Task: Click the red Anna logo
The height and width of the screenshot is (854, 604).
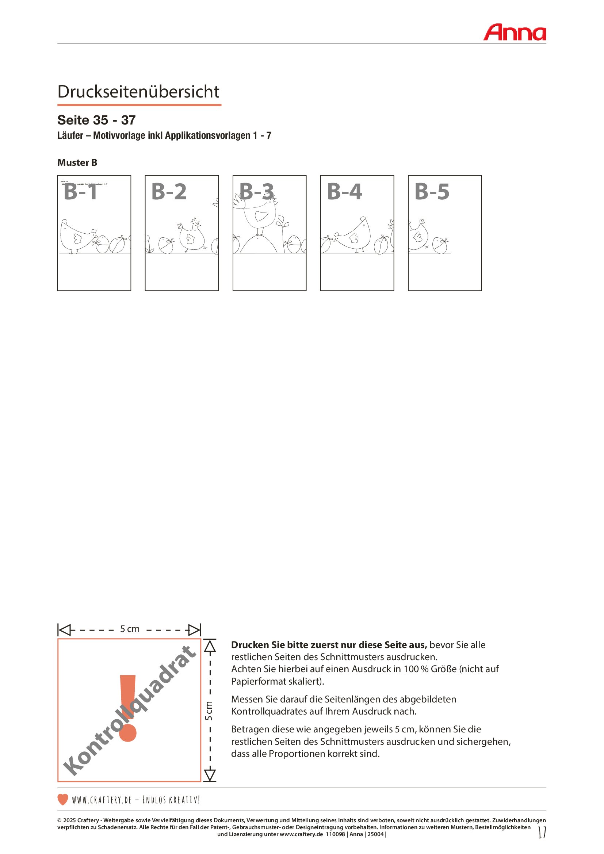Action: coord(515,32)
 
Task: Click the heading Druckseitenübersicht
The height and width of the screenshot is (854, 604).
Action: coord(138,92)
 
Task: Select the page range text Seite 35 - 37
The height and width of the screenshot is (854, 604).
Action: coord(96,120)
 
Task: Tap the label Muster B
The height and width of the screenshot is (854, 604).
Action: coord(77,162)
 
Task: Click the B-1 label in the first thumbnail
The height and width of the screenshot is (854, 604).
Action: coord(80,192)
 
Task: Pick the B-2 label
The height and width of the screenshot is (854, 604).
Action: coord(169,192)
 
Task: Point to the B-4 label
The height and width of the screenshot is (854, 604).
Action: coord(344,192)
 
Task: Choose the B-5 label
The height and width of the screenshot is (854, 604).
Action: coord(432,192)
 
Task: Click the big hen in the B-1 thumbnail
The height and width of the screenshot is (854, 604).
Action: coord(77,236)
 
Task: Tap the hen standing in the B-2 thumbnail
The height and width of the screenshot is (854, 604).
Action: coord(192,237)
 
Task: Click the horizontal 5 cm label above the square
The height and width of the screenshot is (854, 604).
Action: coord(129,629)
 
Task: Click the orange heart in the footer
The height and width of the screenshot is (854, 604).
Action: coord(63,799)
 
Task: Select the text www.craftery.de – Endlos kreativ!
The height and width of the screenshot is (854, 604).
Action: coord(136,800)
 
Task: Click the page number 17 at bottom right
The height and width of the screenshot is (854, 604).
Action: coord(542,832)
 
